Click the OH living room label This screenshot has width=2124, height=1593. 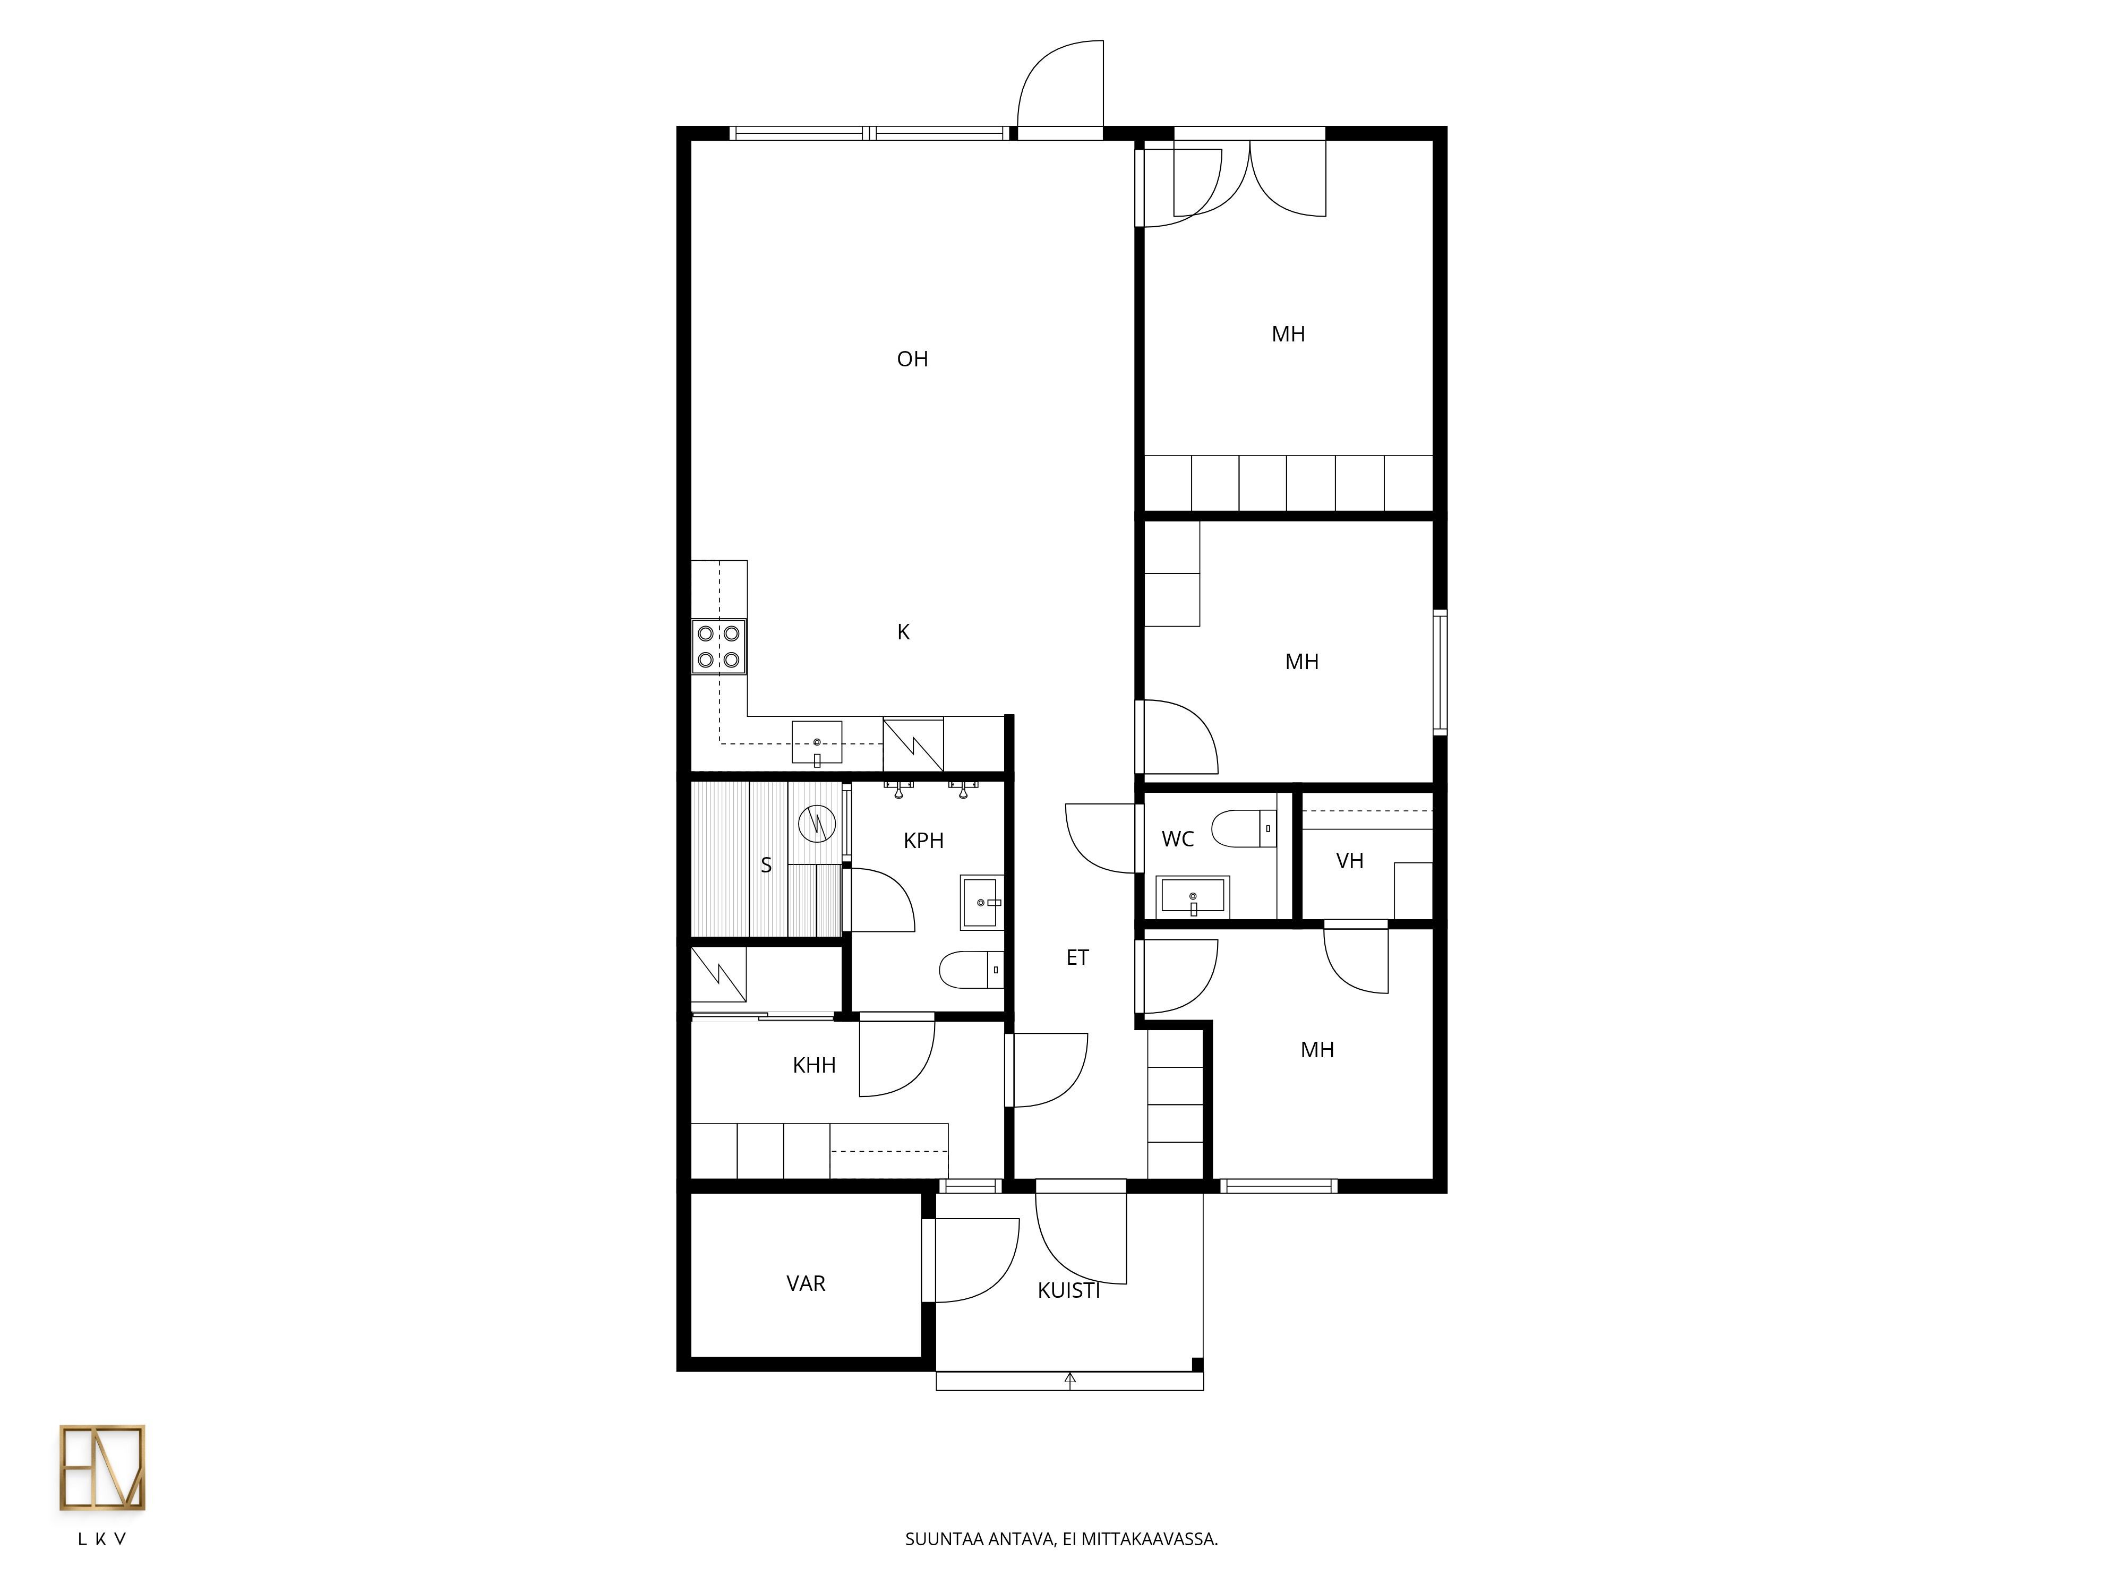coord(912,359)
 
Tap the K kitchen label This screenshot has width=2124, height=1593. coord(903,632)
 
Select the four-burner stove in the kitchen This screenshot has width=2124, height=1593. coord(719,646)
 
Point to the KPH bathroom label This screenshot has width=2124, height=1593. coord(924,841)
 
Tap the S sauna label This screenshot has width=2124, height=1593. coord(766,865)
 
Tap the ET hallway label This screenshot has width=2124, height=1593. coord(1077,957)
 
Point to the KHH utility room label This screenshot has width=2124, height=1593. coord(814,1065)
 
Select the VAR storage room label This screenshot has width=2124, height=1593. coord(806,1284)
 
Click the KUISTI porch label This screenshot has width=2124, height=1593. coord(1069,1290)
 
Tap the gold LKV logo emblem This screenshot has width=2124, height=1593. coord(102,1468)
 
